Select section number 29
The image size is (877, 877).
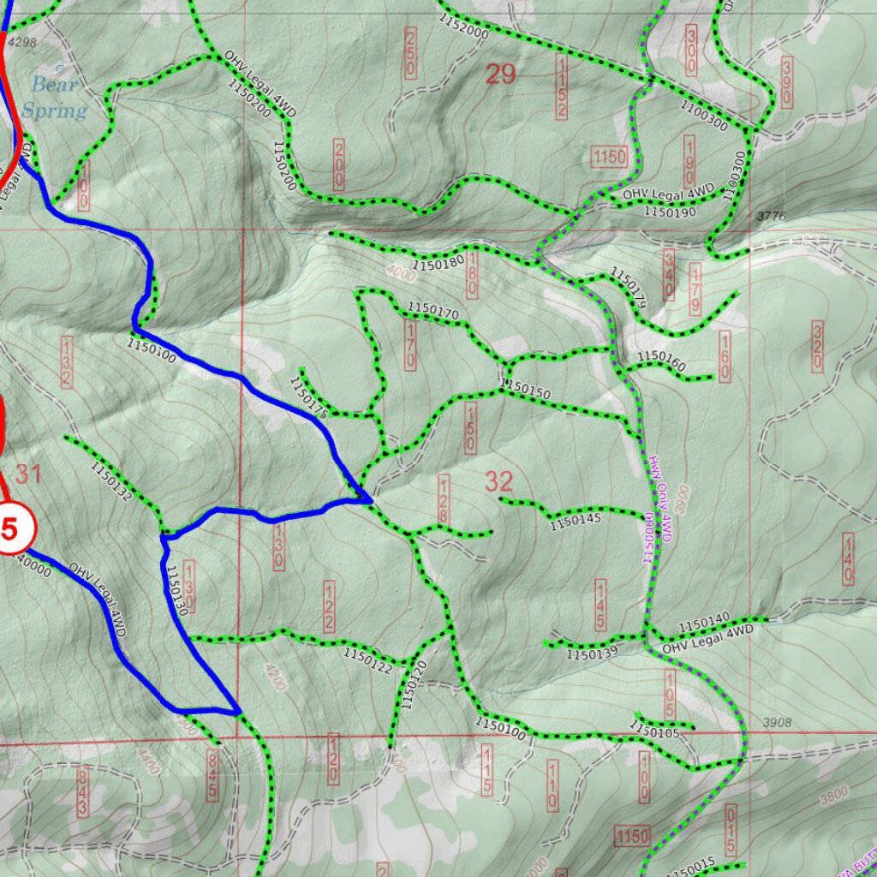pos(501,75)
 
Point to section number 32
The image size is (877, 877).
pos(498,481)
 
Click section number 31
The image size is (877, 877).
pos(28,474)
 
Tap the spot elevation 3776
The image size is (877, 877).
pos(771,216)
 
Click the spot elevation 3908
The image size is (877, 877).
pos(776,723)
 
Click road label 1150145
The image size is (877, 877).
pos(576,519)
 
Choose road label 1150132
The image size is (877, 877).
pos(110,481)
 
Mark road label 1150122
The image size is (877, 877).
pos(368,660)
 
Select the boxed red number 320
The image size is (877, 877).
pos(817,348)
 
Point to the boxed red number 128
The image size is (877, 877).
pos(444,500)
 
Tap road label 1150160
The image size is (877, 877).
pos(661,361)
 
